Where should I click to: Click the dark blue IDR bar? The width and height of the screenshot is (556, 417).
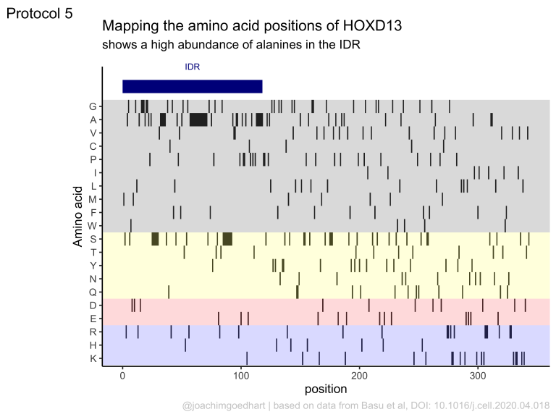coord(192,86)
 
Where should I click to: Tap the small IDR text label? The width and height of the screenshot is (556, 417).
coord(193,67)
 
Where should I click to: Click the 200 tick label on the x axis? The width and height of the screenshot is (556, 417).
coord(359,377)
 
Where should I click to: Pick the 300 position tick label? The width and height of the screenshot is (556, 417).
coord(477,377)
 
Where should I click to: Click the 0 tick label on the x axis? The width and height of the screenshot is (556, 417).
coord(123,377)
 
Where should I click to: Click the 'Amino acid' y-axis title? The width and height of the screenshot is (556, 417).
coord(77,217)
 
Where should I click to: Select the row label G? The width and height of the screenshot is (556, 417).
coord(93,106)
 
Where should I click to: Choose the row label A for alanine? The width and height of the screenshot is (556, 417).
coord(93,119)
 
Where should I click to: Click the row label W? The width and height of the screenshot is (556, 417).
coord(93,226)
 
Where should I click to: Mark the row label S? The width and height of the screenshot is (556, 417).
coord(93,239)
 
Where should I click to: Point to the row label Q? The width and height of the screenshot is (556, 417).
coord(93,292)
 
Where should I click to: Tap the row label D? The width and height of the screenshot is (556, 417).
coord(93,306)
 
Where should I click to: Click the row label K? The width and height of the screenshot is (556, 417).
coord(93,358)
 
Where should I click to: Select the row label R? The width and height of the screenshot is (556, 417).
coord(93,332)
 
